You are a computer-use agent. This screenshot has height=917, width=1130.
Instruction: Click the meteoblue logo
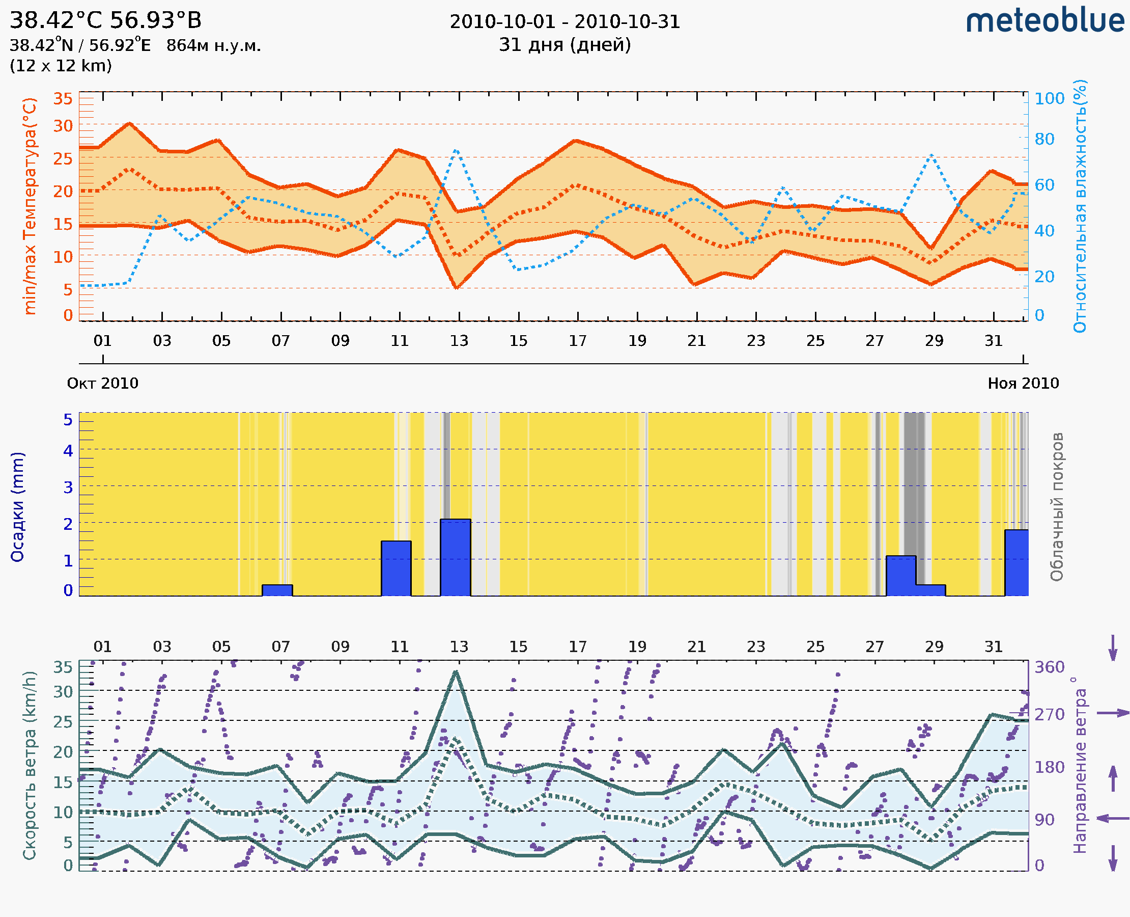(x=1045, y=21)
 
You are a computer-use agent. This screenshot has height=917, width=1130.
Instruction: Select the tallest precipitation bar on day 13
(x=456, y=557)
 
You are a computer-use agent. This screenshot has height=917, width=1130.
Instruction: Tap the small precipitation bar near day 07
(x=277, y=590)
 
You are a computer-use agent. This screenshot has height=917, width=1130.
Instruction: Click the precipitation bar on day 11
(x=396, y=569)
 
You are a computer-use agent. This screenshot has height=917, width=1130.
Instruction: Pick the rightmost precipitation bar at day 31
(x=1016, y=562)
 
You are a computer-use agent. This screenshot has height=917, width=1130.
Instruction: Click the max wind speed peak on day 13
(x=456, y=671)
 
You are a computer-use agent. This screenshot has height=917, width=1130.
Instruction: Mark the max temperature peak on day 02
(x=130, y=124)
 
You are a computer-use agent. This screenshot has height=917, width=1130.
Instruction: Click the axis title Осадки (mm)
(x=17, y=506)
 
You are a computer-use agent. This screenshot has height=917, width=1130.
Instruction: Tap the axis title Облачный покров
(x=1056, y=506)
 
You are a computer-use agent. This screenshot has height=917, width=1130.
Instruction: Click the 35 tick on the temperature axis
(x=63, y=98)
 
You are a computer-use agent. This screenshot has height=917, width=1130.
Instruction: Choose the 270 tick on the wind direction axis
(x=1049, y=714)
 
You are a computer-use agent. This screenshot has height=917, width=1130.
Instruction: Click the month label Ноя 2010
(x=1023, y=383)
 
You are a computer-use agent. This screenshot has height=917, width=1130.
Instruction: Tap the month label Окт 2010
(x=102, y=383)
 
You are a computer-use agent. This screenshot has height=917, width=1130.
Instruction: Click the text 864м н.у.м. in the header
(x=213, y=46)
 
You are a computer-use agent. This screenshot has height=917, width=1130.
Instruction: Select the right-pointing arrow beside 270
(x=1113, y=713)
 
